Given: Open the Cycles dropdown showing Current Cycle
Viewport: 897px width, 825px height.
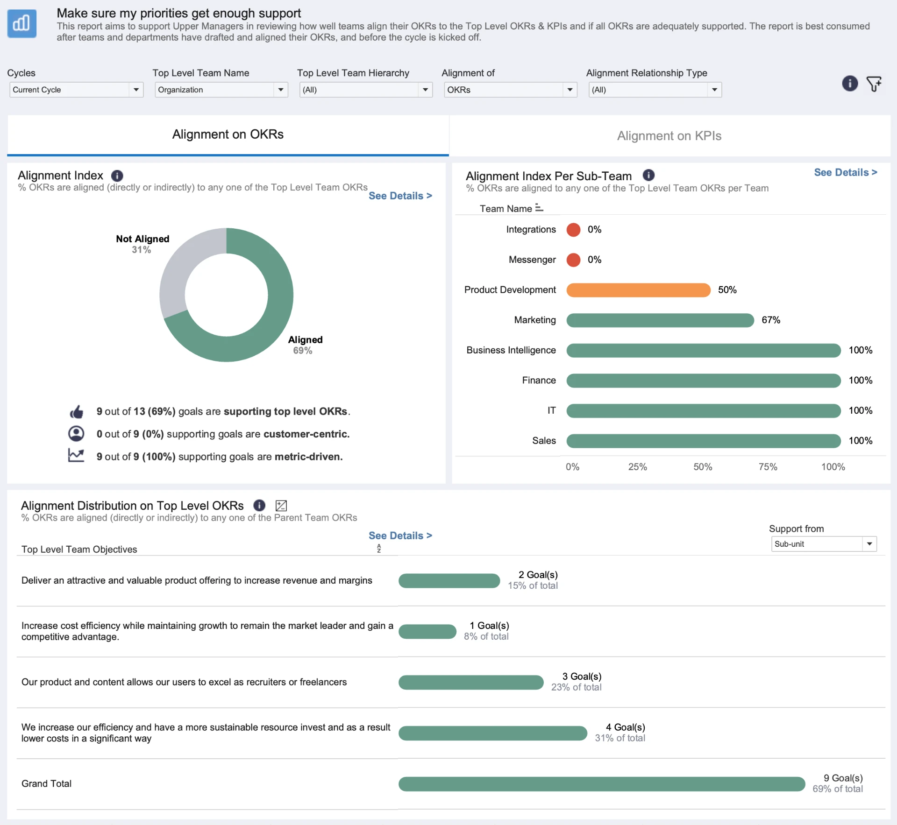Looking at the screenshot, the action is tap(76, 90).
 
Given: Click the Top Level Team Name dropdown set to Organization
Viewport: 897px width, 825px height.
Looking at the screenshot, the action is tap(221, 90).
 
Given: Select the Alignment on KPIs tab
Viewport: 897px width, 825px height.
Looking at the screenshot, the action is tap(669, 136).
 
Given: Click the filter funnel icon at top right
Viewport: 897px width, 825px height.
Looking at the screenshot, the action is tap(874, 84).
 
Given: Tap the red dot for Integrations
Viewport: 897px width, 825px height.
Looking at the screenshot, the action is tap(573, 230).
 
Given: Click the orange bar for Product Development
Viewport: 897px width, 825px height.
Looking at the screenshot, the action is tap(638, 290).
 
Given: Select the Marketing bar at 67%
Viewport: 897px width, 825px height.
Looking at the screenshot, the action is tap(660, 320).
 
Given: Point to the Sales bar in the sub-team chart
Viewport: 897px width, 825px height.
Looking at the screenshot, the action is tap(704, 441).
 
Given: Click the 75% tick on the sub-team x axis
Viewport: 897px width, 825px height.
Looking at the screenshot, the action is tap(768, 467).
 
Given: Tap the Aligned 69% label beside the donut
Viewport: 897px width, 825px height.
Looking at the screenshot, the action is tap(305, 345).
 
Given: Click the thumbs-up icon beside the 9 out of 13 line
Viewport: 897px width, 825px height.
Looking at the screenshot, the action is tap(76, 412).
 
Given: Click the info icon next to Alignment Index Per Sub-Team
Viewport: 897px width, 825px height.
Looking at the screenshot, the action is tap(648, 175).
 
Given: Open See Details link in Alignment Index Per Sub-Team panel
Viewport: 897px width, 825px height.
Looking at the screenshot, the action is tap(846, 172).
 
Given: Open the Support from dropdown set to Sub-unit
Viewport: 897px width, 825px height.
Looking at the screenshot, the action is tap(824, 544).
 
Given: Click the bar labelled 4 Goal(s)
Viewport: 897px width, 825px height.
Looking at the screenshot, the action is tap(493, 733).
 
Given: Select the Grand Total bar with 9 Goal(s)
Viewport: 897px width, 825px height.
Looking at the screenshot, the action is tap(602, 784).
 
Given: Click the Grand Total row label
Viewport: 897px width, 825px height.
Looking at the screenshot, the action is tap(46, 783).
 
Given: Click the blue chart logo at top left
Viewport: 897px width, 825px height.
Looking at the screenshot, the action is tap(22, 23).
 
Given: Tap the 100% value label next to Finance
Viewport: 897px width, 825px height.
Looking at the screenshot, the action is tap(861, 381).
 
